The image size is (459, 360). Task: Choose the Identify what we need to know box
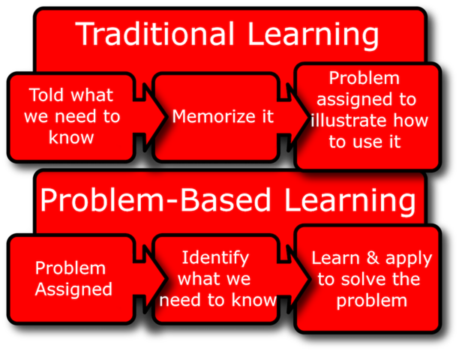pos(216,278)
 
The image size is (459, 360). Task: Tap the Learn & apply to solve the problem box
pos(369,278)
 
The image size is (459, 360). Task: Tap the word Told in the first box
pos(48,96)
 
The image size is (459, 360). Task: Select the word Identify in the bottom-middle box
pos(215,258)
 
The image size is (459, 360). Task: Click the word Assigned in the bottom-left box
pos(73,289)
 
